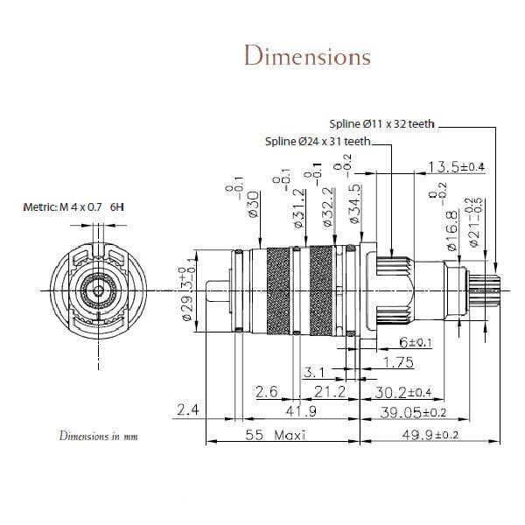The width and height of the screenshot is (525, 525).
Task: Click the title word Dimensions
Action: coord(307,56)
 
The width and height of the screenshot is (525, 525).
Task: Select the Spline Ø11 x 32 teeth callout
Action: coord(383,124)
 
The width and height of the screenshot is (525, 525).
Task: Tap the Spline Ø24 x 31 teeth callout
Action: coord(319,141)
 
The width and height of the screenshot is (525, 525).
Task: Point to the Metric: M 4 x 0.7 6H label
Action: coord(74,207)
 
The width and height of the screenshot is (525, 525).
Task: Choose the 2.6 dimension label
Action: coord(267,391)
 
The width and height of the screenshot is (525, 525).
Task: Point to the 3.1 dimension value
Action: coord(315,373)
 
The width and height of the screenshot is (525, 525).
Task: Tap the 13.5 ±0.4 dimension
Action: coord(456,167)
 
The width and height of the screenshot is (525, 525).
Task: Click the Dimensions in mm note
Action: coord(99,435)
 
